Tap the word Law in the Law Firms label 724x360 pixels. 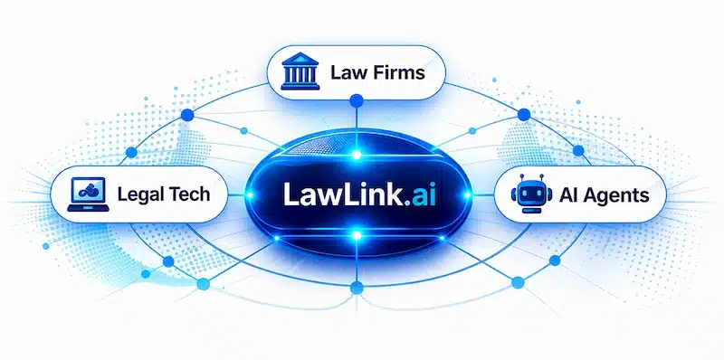[x=348, y=71]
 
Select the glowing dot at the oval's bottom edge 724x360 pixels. [x=357, y=236]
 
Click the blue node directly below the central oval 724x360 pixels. [x=357, y=288]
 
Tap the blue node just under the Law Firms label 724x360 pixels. [x=357, y=109]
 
